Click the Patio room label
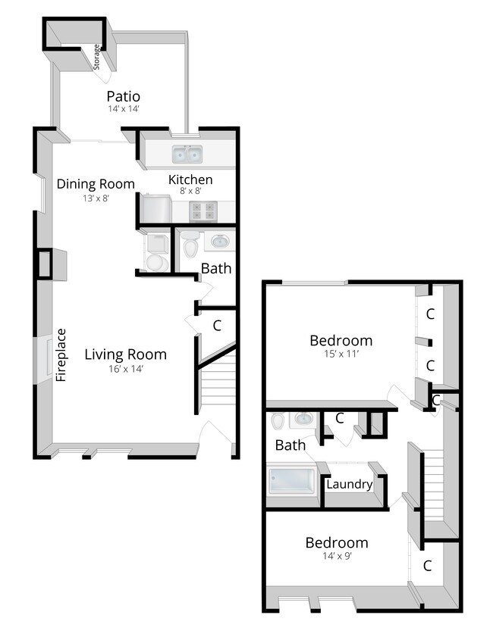[123, 96]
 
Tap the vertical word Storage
[97, 58]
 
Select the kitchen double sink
[186, 155]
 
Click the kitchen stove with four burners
[201, 211]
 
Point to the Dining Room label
[96, 183]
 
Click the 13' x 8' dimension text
[96, 198]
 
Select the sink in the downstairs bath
[218, 242]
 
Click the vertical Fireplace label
[62, 354]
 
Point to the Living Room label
[125, 354]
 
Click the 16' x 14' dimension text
[125, 369]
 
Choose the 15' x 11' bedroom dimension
[341, 354]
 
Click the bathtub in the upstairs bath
[292, 481]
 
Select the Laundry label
[349, 484]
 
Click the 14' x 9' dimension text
[337, 556]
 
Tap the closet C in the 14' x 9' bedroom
[428, 565]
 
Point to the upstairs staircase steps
[432, 485]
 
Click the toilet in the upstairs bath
[278, 420]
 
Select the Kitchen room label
[190, 180]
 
